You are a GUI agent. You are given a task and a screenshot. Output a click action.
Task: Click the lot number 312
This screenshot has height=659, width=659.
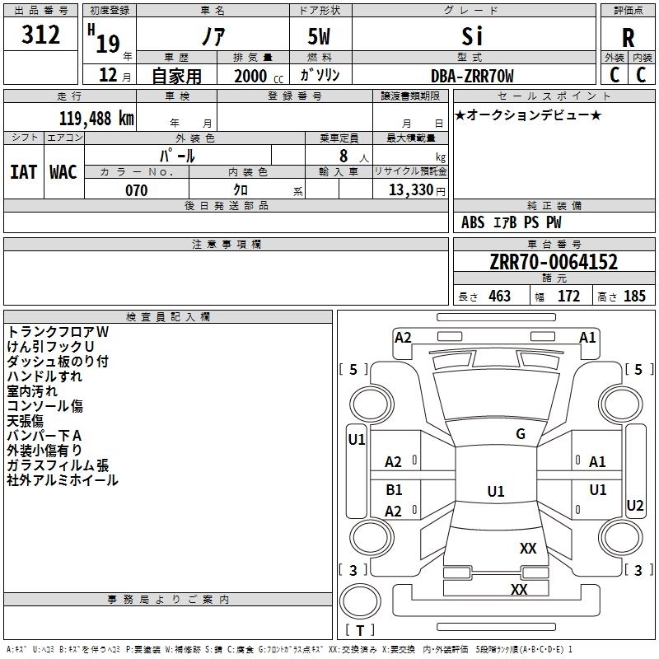(41, 35)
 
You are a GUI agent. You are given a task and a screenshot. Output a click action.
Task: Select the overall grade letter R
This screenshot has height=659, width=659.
(628, 38)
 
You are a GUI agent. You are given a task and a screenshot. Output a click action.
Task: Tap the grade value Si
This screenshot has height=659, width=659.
(471, 35)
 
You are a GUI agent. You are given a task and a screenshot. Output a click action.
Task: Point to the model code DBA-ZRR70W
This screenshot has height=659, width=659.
(472, 76)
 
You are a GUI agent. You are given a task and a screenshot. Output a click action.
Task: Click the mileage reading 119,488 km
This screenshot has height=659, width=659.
(96, 119)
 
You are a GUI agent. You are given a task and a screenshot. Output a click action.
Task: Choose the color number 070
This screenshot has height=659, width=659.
(136, 190)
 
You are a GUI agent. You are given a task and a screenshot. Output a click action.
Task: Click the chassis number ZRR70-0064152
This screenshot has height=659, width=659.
(554, 262)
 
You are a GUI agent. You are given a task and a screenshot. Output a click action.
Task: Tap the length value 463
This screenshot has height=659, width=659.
(499, 296)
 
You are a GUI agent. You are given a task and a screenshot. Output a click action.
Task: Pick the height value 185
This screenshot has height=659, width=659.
(634, 296)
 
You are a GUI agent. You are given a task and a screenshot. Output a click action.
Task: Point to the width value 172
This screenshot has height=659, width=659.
(568, 296)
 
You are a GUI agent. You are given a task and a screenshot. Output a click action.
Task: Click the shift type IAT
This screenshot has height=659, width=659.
(23, 171)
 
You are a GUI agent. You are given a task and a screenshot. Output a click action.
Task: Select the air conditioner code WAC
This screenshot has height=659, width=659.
(63, 171)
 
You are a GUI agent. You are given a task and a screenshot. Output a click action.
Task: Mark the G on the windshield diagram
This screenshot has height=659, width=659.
(520, 434)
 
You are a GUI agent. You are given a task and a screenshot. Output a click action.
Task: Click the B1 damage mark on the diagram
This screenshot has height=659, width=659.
(394, 490)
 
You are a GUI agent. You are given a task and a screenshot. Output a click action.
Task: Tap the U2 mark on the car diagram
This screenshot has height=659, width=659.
(634, 505)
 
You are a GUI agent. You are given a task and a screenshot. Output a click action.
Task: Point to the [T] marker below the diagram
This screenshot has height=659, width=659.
(359, 630)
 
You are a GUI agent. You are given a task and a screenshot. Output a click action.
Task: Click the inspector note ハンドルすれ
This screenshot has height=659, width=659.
(44, 376)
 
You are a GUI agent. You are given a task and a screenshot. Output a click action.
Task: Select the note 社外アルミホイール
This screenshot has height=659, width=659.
(63, 479)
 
